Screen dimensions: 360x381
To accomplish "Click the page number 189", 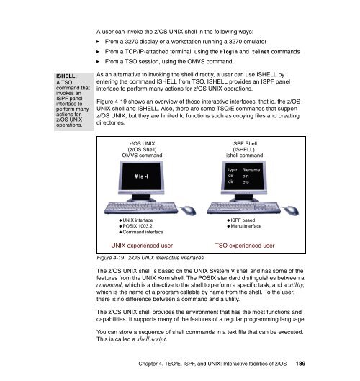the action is (300, 364).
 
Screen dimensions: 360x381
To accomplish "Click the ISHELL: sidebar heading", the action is (66, 76).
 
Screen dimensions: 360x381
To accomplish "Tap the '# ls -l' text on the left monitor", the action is (141, 176).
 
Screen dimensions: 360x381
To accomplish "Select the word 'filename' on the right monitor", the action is (251, 170).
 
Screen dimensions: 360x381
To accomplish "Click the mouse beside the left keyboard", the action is (189, 210).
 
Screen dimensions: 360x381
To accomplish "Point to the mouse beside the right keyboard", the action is (292, 210).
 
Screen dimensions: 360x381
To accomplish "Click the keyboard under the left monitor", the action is (140, 207).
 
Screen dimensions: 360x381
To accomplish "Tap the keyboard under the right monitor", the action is (243, 207).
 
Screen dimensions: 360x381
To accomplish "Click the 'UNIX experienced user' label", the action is (142, 246).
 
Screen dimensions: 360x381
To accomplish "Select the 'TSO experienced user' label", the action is (245, 246).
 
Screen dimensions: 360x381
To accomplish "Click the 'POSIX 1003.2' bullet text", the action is (138, 226).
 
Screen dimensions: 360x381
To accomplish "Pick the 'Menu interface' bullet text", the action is (246, 226).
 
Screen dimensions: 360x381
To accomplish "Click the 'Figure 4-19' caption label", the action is (110, 258).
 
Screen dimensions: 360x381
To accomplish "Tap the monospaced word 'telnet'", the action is (261, 52).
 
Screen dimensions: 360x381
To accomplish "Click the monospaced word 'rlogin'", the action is (228, 52).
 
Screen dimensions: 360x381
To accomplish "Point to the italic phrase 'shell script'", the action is (151, 339).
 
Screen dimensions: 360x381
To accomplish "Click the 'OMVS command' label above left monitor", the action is (142, 156).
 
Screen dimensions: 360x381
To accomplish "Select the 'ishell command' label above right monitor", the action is (244, 156).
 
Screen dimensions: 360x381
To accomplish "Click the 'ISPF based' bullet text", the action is (243, 220).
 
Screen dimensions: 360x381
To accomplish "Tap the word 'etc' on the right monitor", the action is (246, 181).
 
